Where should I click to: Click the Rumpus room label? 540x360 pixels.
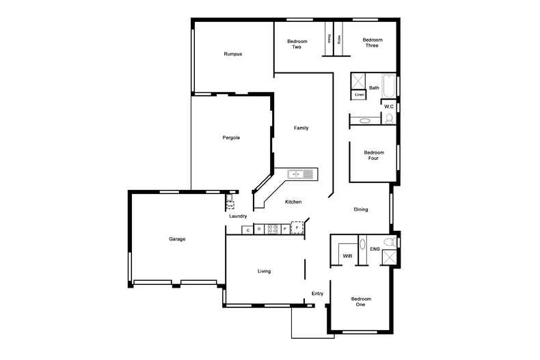pyautogui.click(x=233, y=54)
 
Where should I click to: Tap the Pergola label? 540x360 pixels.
pyautogui.click(x=231, y=137)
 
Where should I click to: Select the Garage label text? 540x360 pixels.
pyautogui.click(x=178, y=239)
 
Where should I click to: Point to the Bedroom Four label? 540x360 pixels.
pyautogui.click(x=374, y=155)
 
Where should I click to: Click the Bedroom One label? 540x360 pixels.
pyautogui.click(x=361, y=301)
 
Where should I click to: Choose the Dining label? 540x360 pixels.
pyautogui.click(x=361, y=209)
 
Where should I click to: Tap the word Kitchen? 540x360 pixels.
pyautogui.click(x=294, y=202)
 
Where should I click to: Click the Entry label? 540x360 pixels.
pyautogui.click(x=317, y=294)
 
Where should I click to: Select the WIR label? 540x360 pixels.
pyautogui.click(x=347, y=255)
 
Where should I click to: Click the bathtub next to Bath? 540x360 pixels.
pyautogui.click(x=388, y=86)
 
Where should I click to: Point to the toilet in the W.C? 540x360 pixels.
pyautogui.click(x=390, y=118)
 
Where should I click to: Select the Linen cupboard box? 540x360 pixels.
pyautogui.click(x=359, y=94)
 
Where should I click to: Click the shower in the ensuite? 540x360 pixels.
pyautogui.click(x=389, y=258)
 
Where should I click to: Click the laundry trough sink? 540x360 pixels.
pyautogui.click(x=230, y=203)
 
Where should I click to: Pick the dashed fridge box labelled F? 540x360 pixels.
pyautogui.click(x=297, y=226)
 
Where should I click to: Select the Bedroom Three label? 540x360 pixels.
pyautogui.click(x=371, y=42)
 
